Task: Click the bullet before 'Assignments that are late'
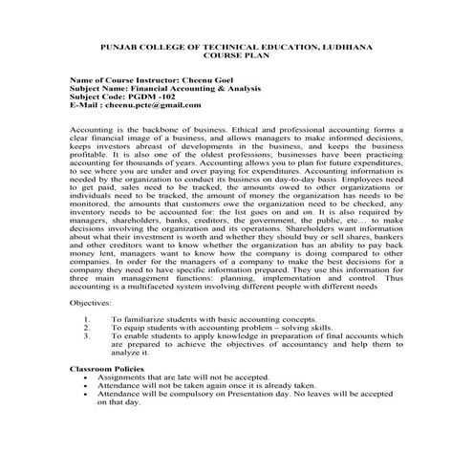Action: pos(88,377)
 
